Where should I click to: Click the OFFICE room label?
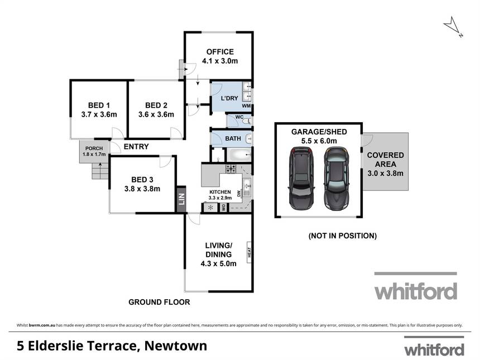[220, 52]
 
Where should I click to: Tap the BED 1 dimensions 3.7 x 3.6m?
[99, 114]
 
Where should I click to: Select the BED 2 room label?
[156, 105]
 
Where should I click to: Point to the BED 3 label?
[142, 180]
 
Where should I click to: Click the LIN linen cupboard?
[181, 199]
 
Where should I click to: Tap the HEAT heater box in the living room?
[249, 252]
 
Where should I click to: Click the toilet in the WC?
[247, 122]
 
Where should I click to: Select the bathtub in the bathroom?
[238, 155]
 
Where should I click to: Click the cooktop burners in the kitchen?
[231, 169]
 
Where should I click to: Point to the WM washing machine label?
[246, 106]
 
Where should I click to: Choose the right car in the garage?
[337, 179]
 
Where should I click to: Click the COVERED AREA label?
[386, 160]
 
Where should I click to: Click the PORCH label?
[94, 148]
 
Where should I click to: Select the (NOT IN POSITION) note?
[343, 236]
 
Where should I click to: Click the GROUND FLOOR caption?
[159, 302]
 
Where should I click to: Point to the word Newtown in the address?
[176, 346]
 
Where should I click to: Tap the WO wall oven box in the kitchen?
[224, 208]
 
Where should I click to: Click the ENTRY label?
[136, 147]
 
